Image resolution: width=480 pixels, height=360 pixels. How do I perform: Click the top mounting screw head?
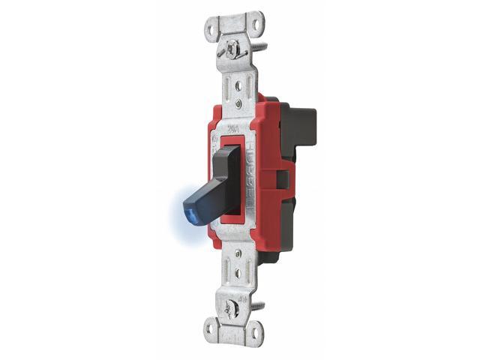233,49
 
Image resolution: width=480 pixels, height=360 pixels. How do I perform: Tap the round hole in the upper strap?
238,85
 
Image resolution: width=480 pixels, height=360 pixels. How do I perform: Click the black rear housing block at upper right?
300,124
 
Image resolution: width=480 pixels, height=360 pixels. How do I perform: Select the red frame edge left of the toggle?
211,180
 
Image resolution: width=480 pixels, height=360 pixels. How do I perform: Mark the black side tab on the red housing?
283,179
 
